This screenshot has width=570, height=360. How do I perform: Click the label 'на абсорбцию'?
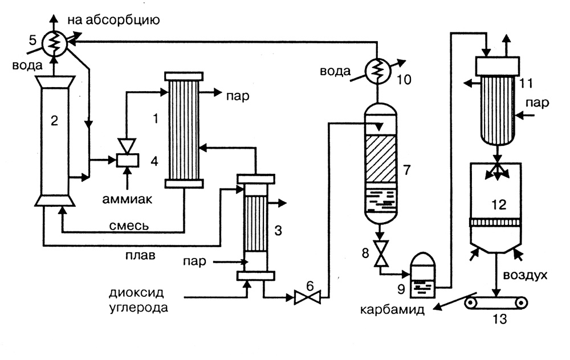pyautogui.click(x=113, y=21)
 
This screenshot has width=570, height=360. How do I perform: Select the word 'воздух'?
pyautogui.click(x=525, y=276)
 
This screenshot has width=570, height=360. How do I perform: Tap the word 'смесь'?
pyautogui.click(x=130, y=226)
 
